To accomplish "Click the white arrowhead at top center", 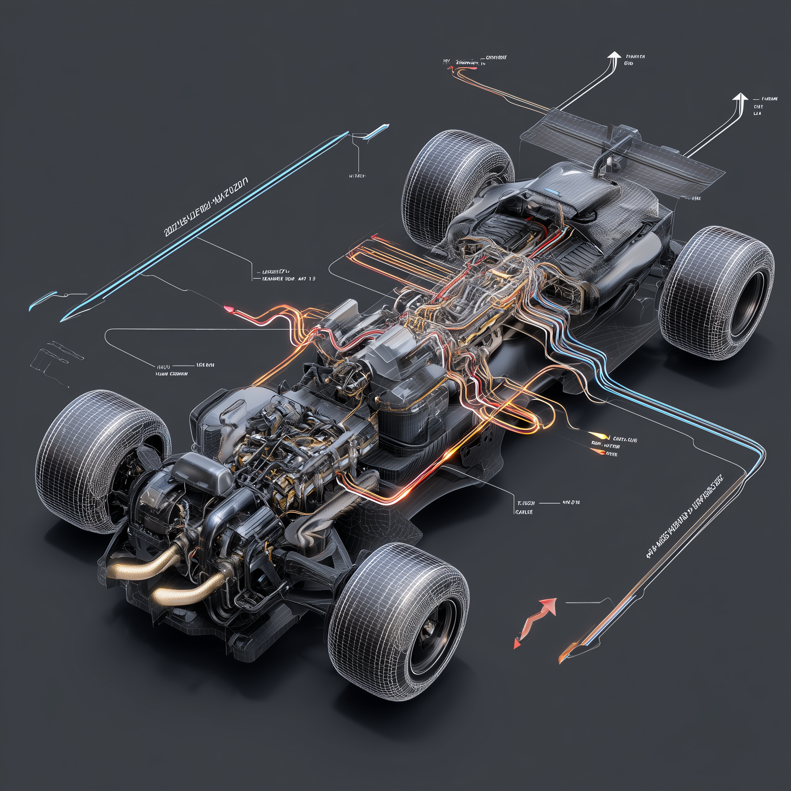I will coord(614,56).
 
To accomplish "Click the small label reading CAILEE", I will coord(523,512).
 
